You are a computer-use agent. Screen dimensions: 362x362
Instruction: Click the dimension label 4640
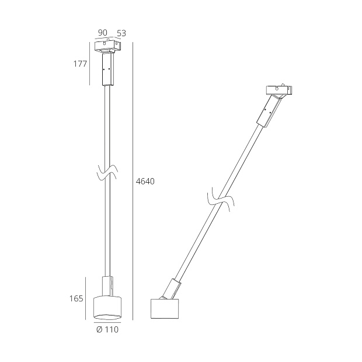(145, 182)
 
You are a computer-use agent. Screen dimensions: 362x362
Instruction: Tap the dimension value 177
(81, 64)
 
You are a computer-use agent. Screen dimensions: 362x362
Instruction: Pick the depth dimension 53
(121, 34)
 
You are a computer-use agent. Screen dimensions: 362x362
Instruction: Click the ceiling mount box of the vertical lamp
(107, 46)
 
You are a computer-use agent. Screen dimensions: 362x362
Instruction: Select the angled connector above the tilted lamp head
(173, 288)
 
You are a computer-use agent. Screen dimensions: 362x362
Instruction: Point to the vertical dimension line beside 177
(90, 64)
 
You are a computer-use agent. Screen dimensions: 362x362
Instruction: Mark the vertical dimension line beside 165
(90, 298)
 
